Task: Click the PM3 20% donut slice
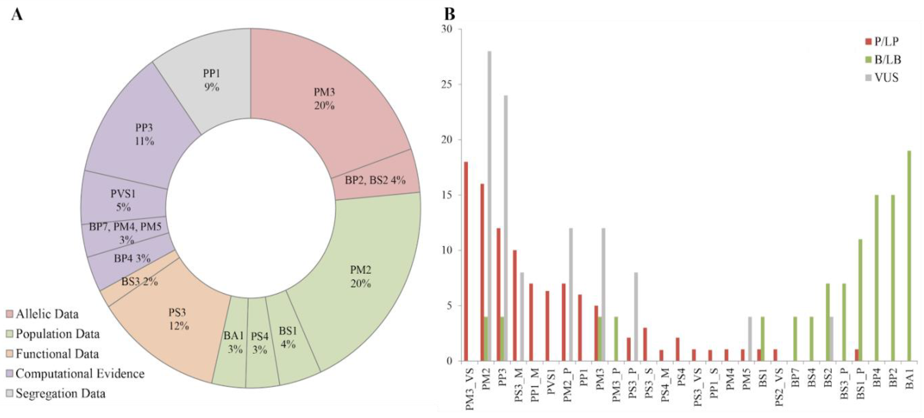click(x=325, y=99)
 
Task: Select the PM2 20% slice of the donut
click(x=360, y=276)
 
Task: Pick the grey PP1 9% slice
click(x=211, y=80)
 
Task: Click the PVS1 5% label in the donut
click(x=123, y=200)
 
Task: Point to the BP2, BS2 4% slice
click(x=375, y=180)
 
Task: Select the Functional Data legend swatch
click(x=10, y=354)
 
